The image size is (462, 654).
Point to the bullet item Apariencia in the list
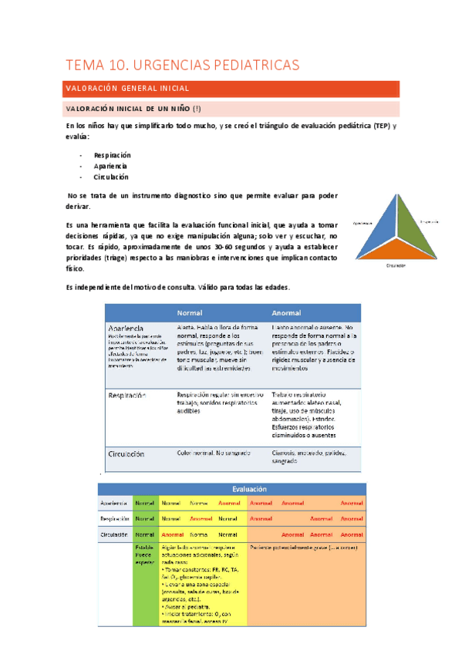[110, 166]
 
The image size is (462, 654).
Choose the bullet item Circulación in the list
[111, 177]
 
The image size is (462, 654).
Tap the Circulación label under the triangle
[396, 265]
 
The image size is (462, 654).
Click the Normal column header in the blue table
[190, 313]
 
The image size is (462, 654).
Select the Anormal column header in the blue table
[286, 313]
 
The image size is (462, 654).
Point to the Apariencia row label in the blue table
[126, 329]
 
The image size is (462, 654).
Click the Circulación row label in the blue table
[126, 454]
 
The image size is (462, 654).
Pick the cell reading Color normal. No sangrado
[208, 453]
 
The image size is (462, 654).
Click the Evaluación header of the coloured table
[250, 488]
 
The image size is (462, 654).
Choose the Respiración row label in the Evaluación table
[113, 518]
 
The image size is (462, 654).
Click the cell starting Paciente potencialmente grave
[294, 547]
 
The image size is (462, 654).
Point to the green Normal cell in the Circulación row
[145, 534]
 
